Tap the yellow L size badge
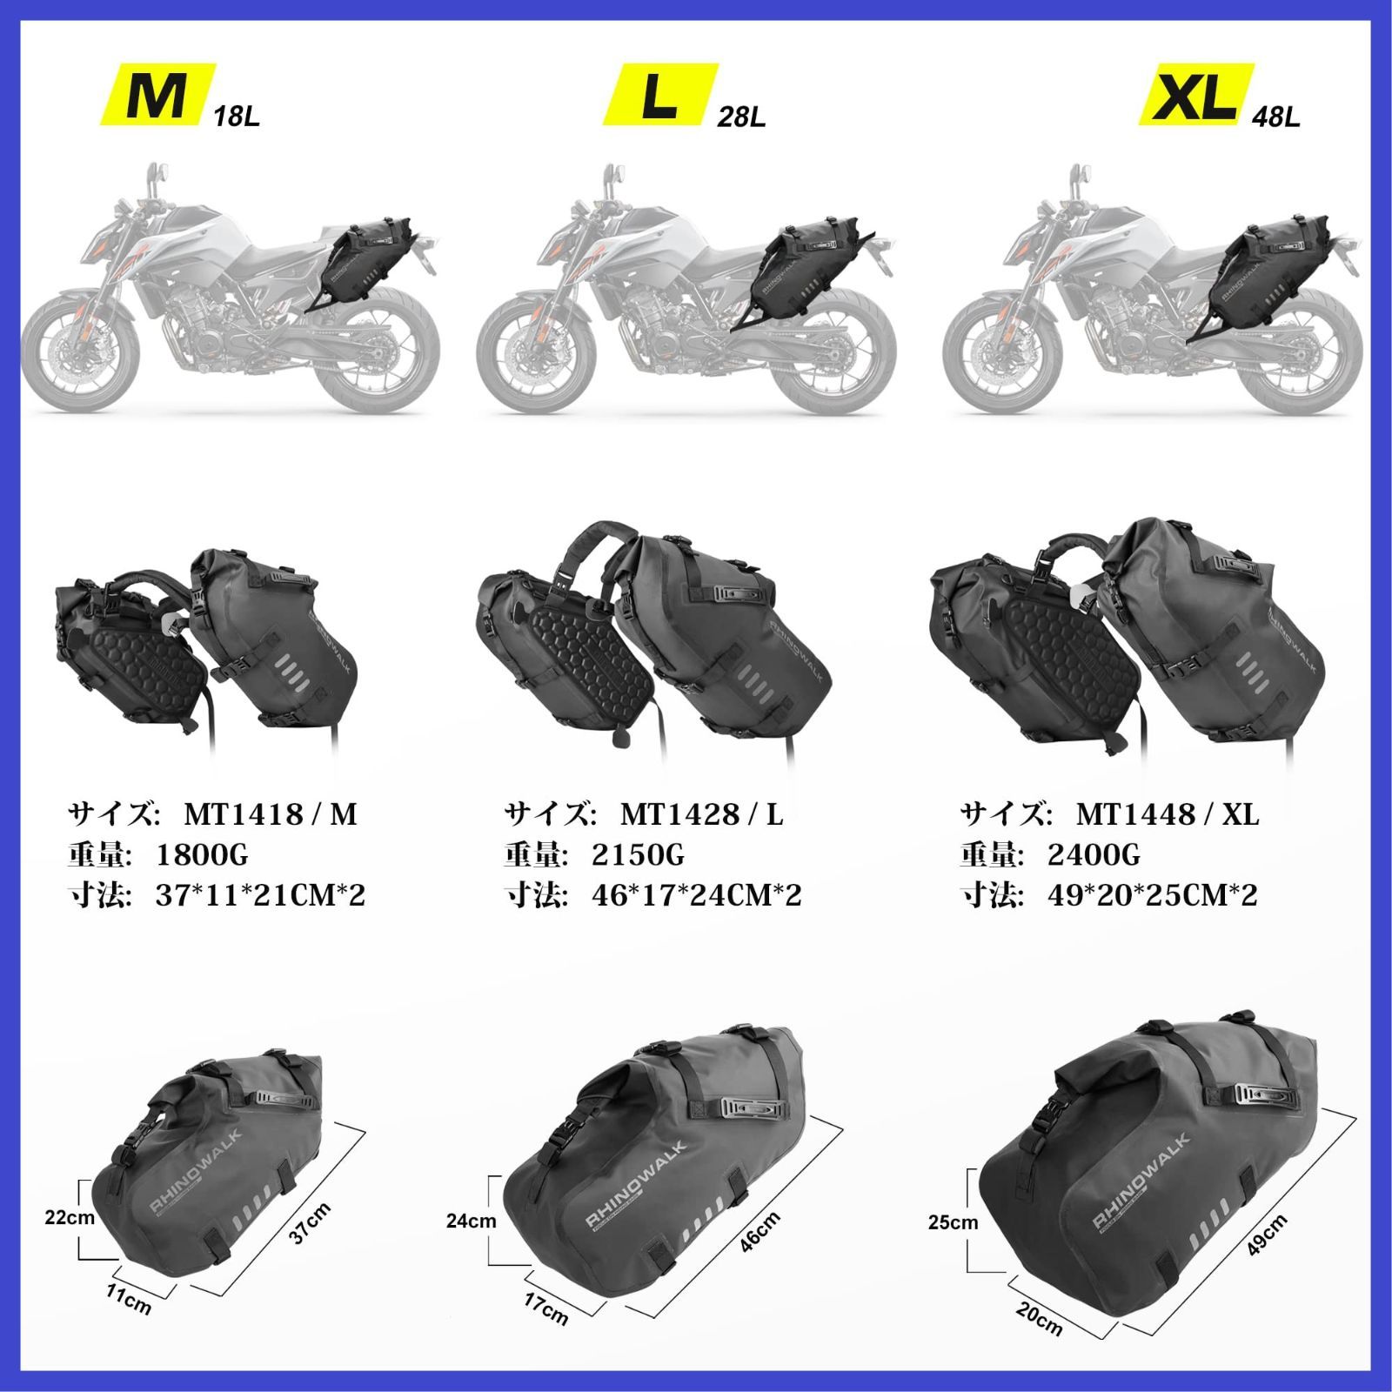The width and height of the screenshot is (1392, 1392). [x=661, y=93]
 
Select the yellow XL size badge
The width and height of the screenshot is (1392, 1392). [x=1196, y=93]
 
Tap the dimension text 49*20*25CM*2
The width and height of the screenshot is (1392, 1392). [x=1153, y=896]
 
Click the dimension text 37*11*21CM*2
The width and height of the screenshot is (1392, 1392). [x=260, y=896]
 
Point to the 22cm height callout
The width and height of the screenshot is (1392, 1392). [x=70, y=1218]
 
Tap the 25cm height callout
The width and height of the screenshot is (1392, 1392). [x=953, y=1222]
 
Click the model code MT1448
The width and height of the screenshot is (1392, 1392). [x=1134, y=814]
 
